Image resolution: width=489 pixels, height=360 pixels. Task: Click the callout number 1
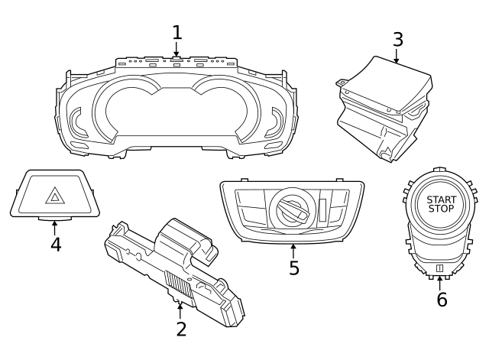(177, 33)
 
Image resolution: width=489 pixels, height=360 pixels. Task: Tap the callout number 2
(180, 329)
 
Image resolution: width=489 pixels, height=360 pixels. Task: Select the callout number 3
(397, 39)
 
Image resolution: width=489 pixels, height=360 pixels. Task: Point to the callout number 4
(55, 244)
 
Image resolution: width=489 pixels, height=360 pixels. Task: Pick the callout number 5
(293, 268)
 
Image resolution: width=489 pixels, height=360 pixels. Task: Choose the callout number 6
(442, 299)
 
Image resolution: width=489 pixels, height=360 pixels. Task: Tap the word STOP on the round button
(441, 209)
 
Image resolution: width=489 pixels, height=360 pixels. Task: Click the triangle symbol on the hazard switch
(55, 199)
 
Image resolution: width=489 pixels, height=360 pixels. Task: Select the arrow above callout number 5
(293, 248)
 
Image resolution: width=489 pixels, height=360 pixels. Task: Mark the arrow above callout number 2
(180, 308)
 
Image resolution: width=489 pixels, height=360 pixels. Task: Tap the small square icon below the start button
(440, 268)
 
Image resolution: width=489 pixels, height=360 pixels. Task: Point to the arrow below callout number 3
(397, 58)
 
